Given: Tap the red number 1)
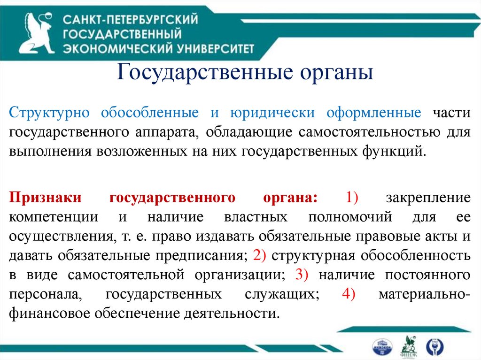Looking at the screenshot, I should [x=352, y=198].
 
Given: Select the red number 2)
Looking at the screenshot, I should [x=259, y=256].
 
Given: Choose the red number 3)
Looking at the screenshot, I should [x=301, y=275].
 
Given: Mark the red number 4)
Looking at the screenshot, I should [x=349, y=294].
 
